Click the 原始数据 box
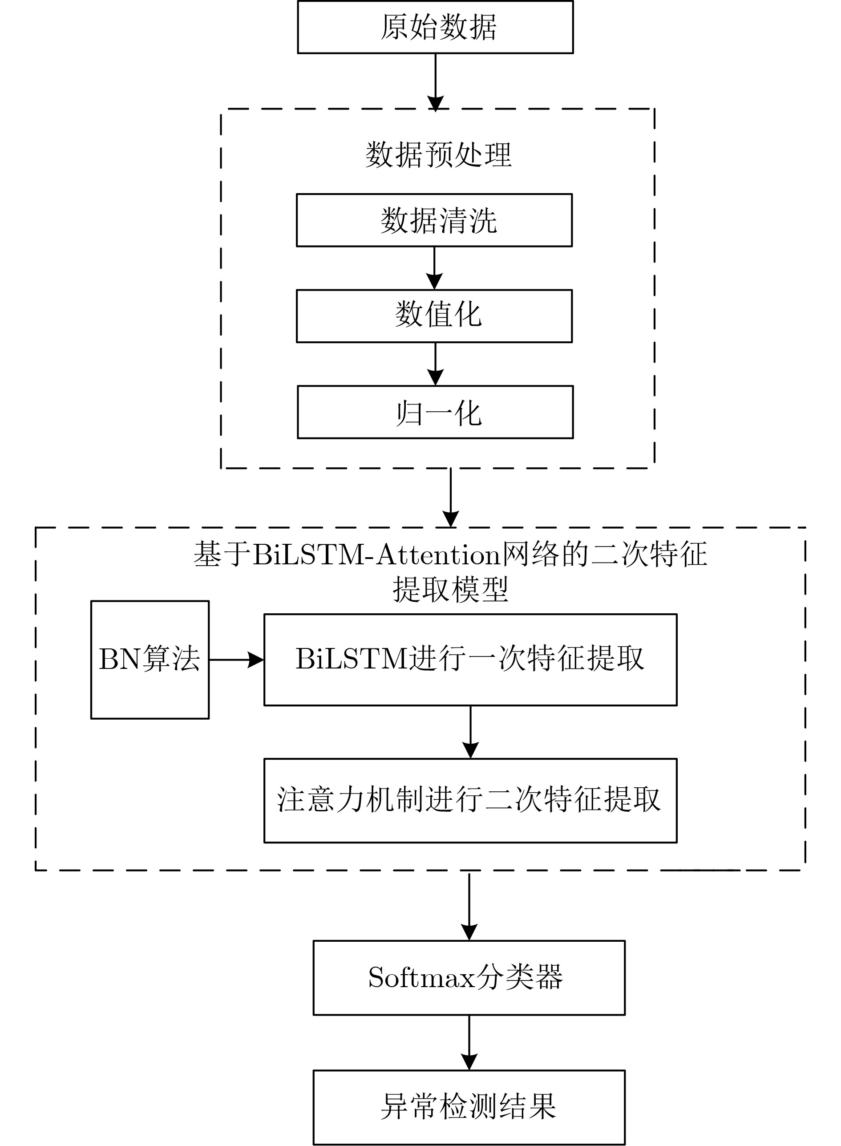[x=435, y=27]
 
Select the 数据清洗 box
[x=434, y=220]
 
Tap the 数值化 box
[x=434, y=316]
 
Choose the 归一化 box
[x=435, y=412]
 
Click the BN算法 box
[x=150, y=660]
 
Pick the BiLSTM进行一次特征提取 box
[x=470, y=660]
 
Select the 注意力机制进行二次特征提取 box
[x=470, y=801]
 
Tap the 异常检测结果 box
[x=469, y=1108]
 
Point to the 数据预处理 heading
[x=438, y=154]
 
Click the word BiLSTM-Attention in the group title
[x=377, y=555]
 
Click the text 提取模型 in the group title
[x=450, y=590]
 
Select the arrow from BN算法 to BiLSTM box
[x=237, y=660]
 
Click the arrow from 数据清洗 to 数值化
[x=434, y=268]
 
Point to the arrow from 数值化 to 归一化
[x=435, y=364]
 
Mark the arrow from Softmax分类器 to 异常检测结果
[x=469, y=1043]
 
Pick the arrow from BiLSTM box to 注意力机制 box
[x=470, y=732]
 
